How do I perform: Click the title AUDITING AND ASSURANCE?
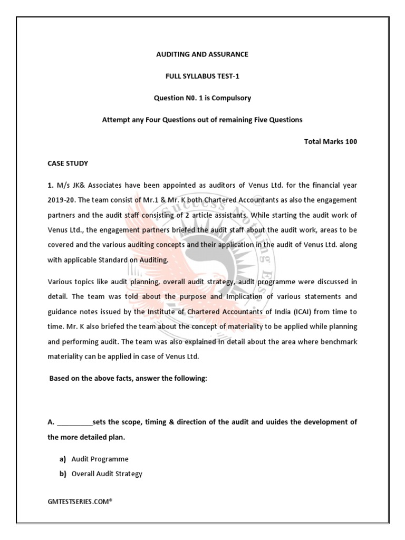[202, 54]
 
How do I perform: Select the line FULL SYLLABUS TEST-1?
[202, 76]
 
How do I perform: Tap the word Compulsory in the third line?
[230, 98]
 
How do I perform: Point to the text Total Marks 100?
[331, 142]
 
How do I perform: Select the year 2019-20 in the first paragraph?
[62, 200]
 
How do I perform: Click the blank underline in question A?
[74, 422]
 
